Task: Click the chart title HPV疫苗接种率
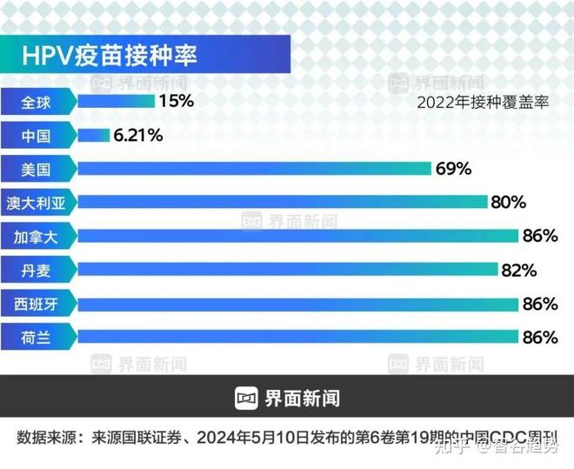point(110,56)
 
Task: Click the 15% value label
point(176,101)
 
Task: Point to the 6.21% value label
point(137,135)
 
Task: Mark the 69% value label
point(453,169)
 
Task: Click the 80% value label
point(509,203)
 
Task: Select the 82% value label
point(518,270)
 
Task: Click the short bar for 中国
point(93,136)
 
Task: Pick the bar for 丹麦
point(288,270)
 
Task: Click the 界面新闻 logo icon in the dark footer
point(247,399)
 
